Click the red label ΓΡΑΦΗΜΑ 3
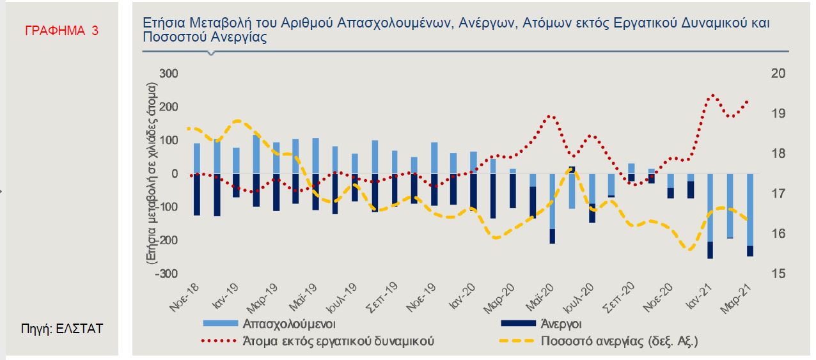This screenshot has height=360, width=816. (x=61, y=29)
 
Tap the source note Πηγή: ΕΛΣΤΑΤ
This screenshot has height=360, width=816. (x=62, y=329)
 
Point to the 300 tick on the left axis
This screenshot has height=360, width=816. (x=169, y=74)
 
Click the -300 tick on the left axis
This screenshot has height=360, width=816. (x=168, y=274)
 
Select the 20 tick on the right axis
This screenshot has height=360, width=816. (x=760, y=74)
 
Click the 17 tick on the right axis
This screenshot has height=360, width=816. (x=760, y=194)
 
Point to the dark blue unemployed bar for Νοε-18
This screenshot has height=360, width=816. (x=197, y=194)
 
